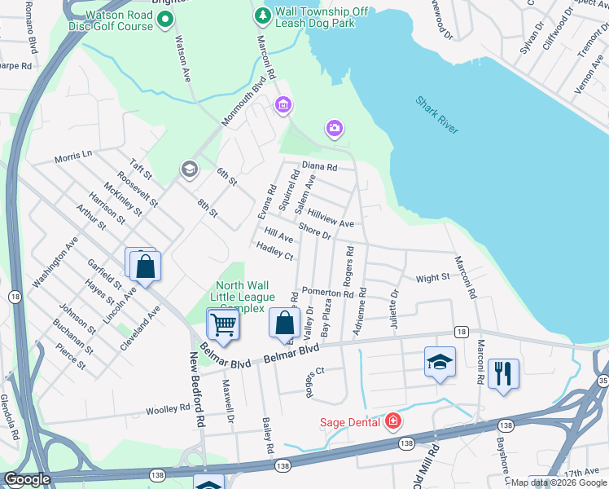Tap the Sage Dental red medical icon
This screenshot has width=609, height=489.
tap(393, 421)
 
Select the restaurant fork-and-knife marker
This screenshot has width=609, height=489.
tap(503, 374)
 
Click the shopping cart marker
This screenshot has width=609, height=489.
tap(223, 325)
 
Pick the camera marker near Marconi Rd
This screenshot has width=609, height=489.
tap(334, 128)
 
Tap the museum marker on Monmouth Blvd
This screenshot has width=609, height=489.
tap(283, 104)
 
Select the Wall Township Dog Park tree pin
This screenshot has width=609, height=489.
tap(262, 15)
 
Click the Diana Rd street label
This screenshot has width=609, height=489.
tap(319, 166)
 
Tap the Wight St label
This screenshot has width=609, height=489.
tap(432, 278)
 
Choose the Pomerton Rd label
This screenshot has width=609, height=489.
tap(325, 291)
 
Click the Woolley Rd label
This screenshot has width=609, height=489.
tap(168, 409)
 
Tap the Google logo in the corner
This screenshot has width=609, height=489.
tap(27, 479)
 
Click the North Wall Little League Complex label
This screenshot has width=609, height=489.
tap(245, 297)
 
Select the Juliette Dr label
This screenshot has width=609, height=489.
tap(396, 306)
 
